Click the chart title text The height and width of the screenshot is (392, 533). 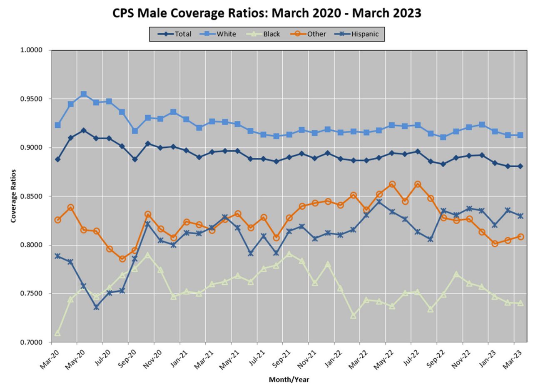click(266, 13)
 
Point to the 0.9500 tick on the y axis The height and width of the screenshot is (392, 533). click(31, 99)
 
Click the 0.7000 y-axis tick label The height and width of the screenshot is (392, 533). click(31, 342)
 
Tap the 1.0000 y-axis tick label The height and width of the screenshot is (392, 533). click(31, 50)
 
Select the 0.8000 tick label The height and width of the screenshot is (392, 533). click(31, 245)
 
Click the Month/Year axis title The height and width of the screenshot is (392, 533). click(289, 380)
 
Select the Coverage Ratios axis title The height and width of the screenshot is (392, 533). click(13, 196)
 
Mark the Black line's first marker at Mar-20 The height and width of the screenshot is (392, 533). click(57, 333)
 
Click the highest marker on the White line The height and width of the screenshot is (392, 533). click(83, 94)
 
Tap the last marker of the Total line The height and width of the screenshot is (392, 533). click(520, 166)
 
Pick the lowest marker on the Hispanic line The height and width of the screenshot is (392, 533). click(96, 307)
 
